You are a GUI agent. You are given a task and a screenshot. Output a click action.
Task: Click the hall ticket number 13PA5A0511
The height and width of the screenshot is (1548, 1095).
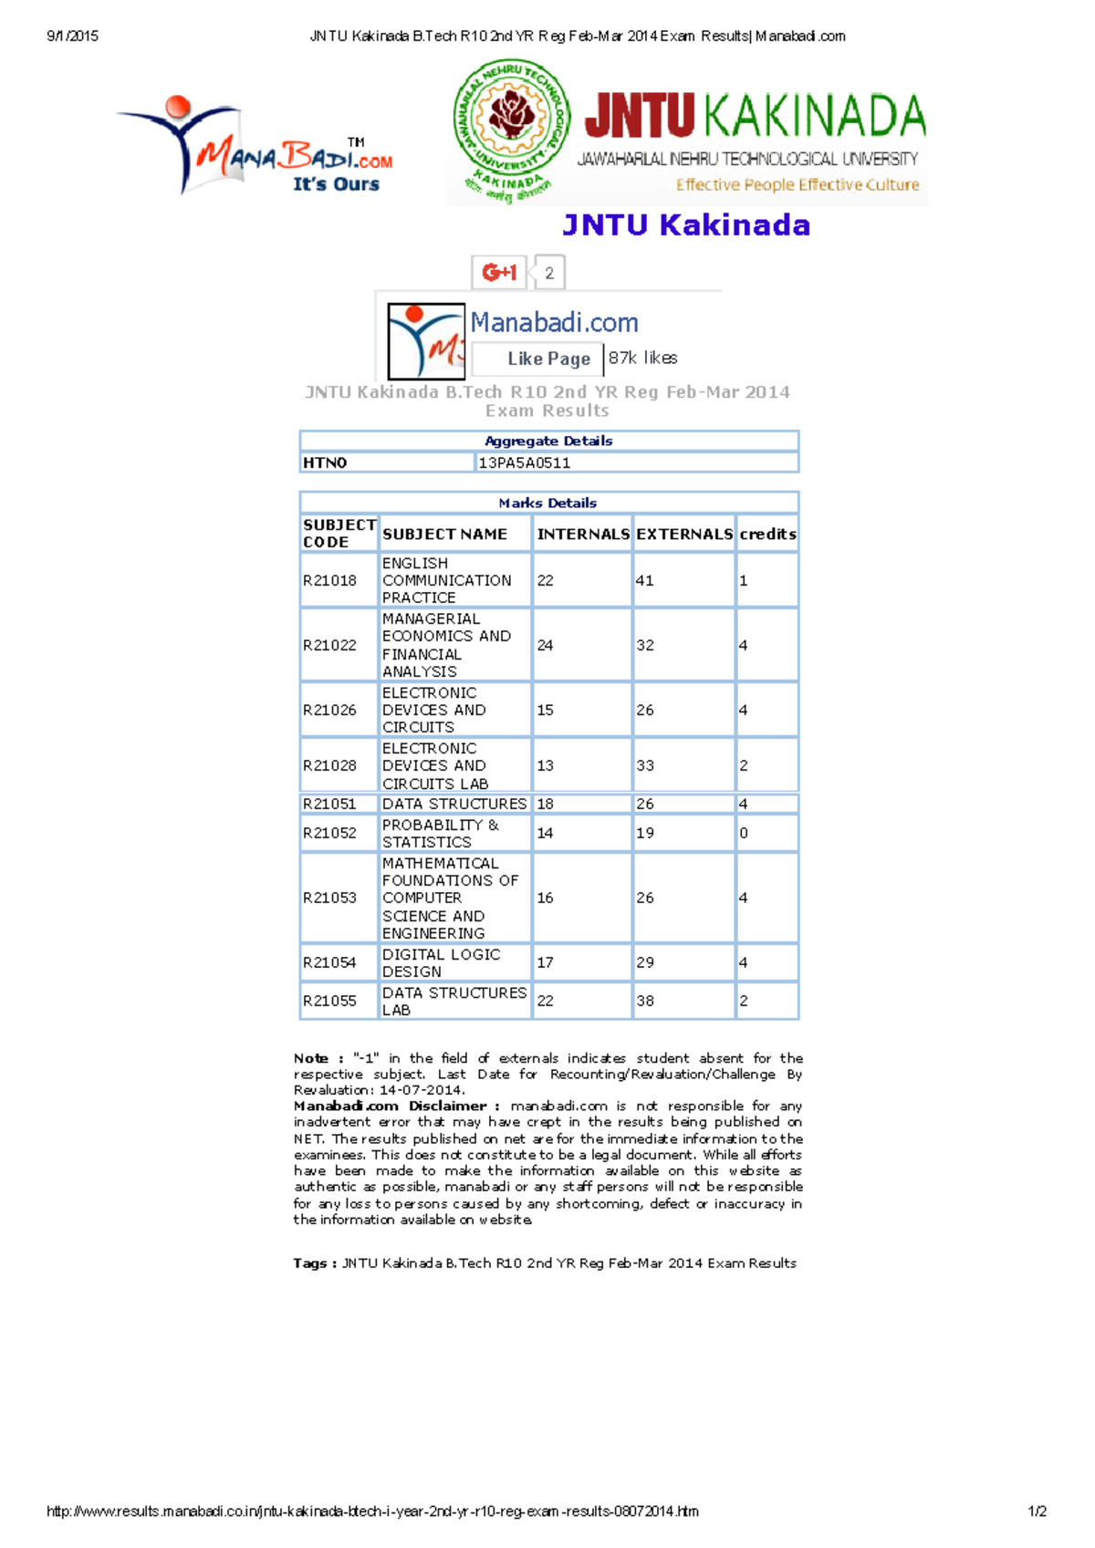click(525, 462)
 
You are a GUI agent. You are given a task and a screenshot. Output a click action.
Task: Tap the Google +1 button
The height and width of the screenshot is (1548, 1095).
click(499, 272)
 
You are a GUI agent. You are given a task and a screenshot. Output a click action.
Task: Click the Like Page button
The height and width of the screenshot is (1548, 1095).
click(547, 358)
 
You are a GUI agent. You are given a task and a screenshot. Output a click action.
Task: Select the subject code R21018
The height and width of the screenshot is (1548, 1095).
click(329, 580)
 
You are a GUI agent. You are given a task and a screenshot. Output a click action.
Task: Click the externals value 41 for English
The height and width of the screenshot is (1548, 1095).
click(645, 580)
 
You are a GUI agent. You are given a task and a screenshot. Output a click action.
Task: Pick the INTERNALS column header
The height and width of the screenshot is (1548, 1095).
click(582, 534)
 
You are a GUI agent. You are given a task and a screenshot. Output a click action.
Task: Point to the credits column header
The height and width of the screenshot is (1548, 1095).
click(767, 534)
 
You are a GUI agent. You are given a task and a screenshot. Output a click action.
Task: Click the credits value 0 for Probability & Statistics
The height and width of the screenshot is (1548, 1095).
click(744, 833)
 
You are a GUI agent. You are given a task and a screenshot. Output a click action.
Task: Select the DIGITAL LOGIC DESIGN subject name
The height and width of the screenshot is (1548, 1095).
click(442, 962)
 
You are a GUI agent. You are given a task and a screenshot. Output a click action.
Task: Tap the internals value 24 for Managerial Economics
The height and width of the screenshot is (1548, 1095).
click(545, 645)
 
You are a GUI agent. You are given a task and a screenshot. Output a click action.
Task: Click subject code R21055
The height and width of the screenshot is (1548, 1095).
click(329, 1001)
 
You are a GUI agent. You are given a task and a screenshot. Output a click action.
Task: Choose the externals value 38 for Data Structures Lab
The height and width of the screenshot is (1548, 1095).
click(645, 1001)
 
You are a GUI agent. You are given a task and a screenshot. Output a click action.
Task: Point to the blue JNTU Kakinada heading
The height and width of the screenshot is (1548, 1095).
click(686, 224)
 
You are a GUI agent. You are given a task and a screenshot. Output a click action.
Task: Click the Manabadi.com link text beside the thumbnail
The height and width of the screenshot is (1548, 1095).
click(554, 322)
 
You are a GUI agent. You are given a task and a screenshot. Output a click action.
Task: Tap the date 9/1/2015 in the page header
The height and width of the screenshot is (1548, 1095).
click(72, 36)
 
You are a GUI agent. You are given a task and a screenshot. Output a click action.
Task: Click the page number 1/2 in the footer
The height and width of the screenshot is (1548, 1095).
click(1038, 1512)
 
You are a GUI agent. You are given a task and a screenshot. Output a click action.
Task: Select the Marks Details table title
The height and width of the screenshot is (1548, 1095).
click(547, 503)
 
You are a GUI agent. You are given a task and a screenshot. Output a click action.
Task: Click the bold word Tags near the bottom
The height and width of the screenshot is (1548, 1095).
click(310, 1263)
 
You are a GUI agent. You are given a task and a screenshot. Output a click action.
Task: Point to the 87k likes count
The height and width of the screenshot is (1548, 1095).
click(642, 358)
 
